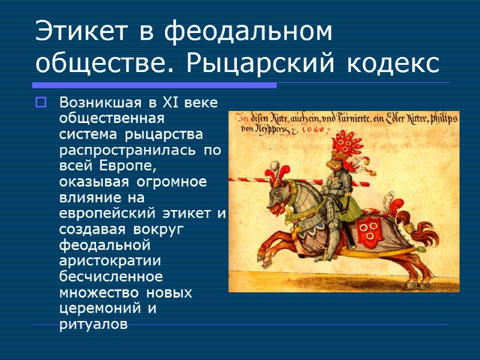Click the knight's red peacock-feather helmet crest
[343, 145]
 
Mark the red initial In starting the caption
[238, 118]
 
